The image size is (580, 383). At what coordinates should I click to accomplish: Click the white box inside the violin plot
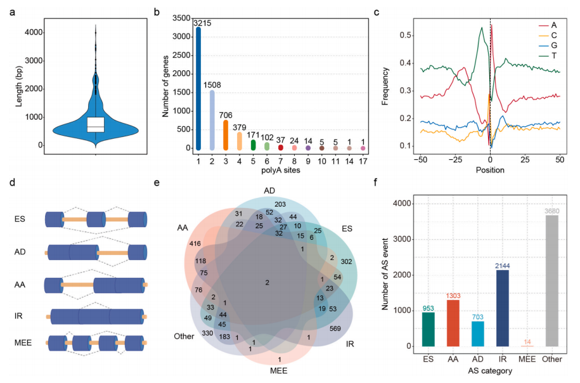tap(96, 124)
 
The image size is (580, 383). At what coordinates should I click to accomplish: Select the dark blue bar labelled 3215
tap(198, 88)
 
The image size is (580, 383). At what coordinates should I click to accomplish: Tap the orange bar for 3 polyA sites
tap(226, 135)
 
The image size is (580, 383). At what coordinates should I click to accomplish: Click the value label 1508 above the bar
tap(212, 85)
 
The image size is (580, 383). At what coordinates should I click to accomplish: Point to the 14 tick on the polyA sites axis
tap(349, 161)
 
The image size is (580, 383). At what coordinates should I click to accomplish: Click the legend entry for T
tap(548, 56)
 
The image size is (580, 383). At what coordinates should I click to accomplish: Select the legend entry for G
tap(548, 46)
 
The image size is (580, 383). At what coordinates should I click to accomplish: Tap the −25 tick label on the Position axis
tap(455, 160)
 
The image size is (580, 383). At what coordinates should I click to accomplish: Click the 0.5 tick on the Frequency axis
tap(406, 35)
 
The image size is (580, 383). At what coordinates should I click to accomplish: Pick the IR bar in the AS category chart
tap(502, 308)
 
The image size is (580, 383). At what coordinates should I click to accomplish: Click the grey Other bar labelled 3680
tap(552, 281)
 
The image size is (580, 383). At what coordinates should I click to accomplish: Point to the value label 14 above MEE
tap(527, 342)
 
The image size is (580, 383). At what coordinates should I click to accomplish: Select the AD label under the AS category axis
tap(477, 359)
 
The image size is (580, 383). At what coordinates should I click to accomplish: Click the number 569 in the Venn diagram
tap(335, 328)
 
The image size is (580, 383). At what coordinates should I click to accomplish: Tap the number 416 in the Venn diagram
tap(195, 243)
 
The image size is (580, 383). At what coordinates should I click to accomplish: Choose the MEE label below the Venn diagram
tap(278, 371)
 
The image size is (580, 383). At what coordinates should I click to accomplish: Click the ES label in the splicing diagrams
tap(20, 219)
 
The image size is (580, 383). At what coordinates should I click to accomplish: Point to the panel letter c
tap(377, 13)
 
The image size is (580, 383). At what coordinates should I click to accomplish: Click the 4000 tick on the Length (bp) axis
tap(34, 32)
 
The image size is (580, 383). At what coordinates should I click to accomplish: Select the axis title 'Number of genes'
tap(165, 86)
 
